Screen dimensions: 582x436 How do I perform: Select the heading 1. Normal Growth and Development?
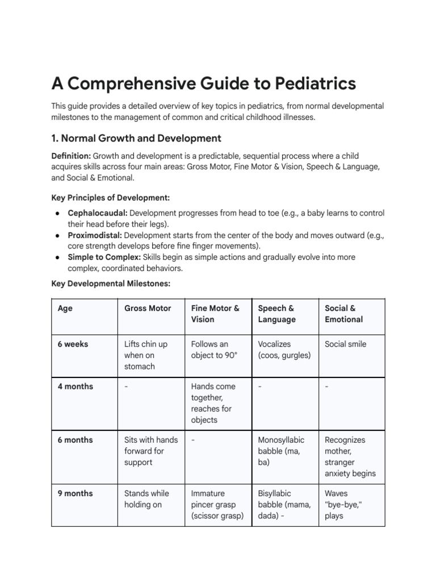point(136,138)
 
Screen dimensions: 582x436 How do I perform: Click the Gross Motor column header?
point(148,308)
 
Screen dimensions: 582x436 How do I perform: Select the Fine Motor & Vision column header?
point(215,314)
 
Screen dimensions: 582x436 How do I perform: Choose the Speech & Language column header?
point(277,314)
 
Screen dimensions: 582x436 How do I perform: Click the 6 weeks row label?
point(73,344)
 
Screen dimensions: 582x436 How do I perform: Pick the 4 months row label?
point(76,386)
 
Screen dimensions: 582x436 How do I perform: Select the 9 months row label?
point(76,493)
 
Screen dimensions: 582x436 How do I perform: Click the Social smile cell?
point(345,344)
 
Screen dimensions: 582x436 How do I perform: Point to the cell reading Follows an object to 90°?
point(213,350)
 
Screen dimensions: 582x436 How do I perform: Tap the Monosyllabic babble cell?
point(281,451)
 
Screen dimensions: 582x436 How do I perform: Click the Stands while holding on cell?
point(146,499)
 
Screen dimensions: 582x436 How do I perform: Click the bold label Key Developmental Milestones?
point(111,283)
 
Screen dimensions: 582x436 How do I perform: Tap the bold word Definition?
point(71,156)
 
